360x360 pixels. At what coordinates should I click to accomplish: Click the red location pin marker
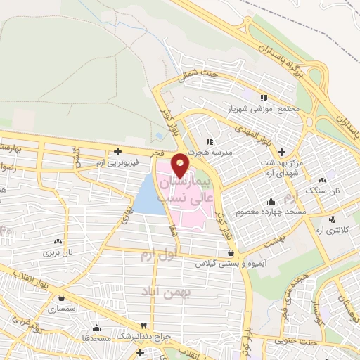click(x=180, y=165)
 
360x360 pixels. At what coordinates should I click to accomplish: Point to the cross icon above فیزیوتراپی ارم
click(x=118, y=150)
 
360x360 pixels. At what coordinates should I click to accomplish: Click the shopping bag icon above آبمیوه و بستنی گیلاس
click(x=231, y=252)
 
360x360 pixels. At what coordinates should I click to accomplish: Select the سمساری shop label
click(x=62, y=308)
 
